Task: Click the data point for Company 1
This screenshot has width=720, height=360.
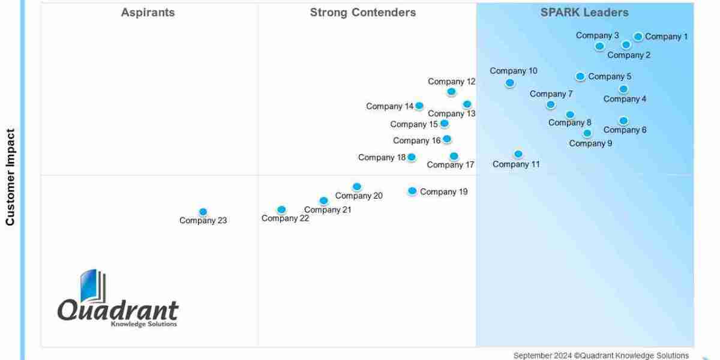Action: (x=638, y=37)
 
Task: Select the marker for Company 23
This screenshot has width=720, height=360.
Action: (x=203, y=212)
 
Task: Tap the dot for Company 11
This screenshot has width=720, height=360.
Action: (x=518, y=154)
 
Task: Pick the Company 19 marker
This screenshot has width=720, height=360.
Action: (x=412, y=191)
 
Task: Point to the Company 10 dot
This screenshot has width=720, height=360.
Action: (x=509, y=83)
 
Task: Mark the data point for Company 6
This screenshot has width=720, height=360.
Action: (x=623, y=121)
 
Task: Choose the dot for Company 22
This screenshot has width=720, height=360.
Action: (x=281, y=210)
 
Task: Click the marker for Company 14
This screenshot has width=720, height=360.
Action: (x=419, y=106)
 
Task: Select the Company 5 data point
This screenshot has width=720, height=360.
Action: (x=580, y=76)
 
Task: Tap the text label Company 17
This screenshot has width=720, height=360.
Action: (x=451, y=165)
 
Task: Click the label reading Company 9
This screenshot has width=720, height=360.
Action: (x=590, y=143)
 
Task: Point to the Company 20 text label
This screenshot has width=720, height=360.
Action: (x=359, y=196)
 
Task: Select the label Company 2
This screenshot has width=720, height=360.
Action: (x=629, y=55)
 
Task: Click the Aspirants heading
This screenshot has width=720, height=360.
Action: (x=148, y=13)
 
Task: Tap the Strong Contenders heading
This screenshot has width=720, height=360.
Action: (x=362, y=13)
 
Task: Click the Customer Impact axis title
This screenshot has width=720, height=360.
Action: (x=10, y=177)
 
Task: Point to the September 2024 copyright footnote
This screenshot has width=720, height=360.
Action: (x=601, y=355)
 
